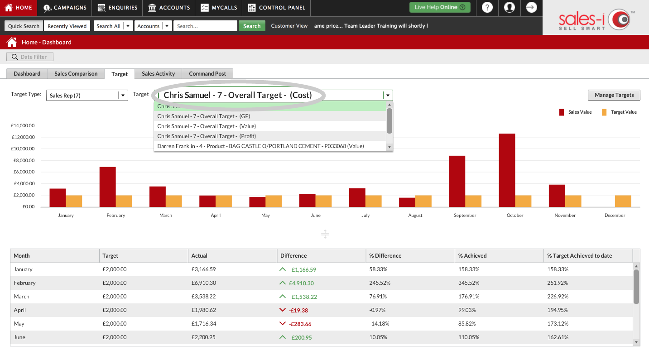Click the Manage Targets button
[614, 95]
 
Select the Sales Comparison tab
[76, 73]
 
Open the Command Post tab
[207, 73]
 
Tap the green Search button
[252, 26]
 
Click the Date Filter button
[30, 57]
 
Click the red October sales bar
[507, 170]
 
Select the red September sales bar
[457, 181]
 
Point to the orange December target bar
[623, 202]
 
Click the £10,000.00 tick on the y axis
[23, 149]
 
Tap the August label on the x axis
[415, 215]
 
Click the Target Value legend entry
[619, 112]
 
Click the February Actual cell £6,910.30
[204, 283]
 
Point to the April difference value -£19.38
[298, 310]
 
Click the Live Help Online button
[440, 7]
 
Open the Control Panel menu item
[277, 8]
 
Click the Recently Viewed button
[67, 26]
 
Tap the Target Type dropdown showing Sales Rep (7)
[87, 95]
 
